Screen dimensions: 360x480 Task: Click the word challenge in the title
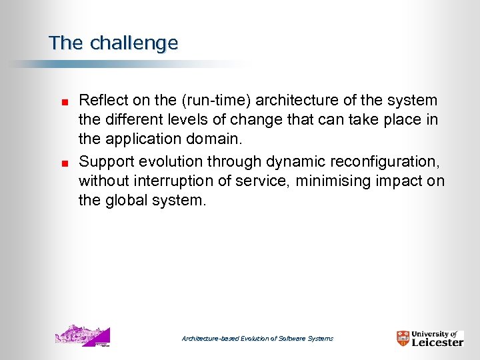coord(133,43)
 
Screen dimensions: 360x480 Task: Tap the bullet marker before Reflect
coord(58,102)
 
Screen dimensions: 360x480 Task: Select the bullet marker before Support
coord(58,161)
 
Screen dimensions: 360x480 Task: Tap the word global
coord(126,201)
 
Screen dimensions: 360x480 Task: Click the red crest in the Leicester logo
coord(403,339)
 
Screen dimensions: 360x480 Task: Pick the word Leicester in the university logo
coord(437,343)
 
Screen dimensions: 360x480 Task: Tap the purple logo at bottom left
coord(82,335)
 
